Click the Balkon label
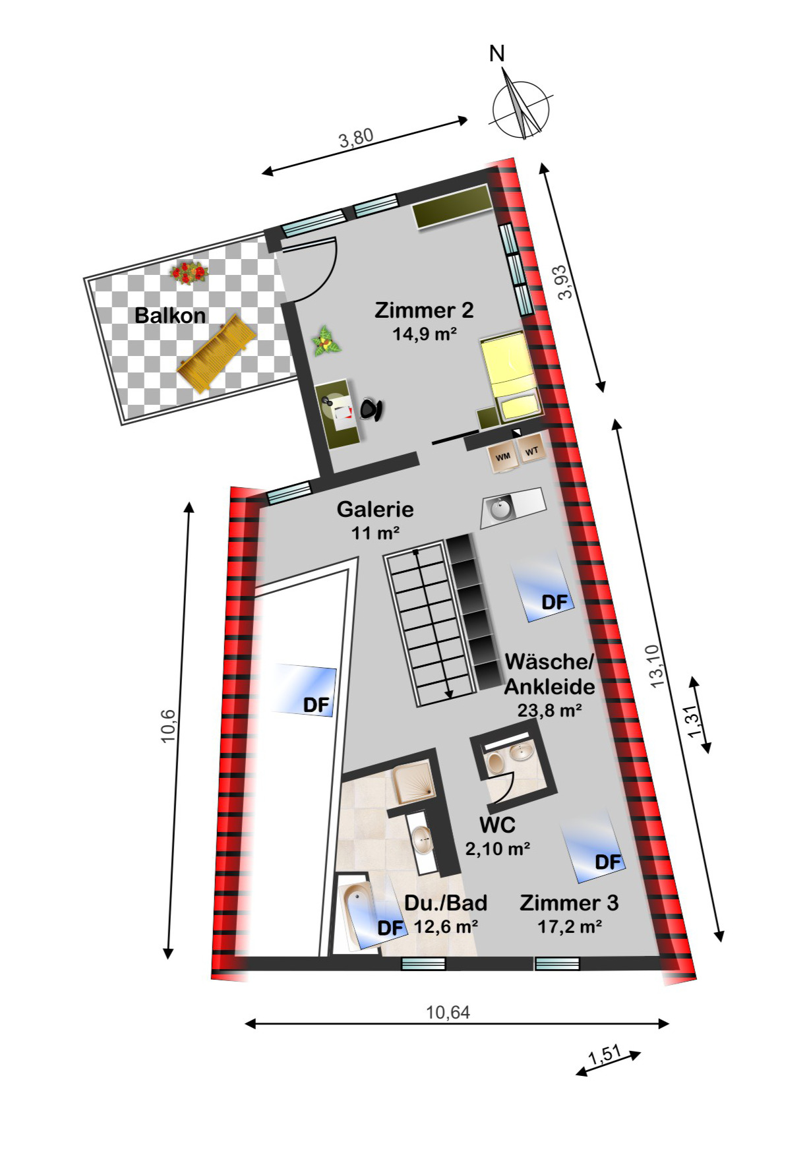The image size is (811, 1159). (x=170, y=315)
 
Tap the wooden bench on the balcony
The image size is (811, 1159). (x=216, y=354)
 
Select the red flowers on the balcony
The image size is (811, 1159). (x=189, y=272)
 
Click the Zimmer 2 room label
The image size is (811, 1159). (x=424, y=310)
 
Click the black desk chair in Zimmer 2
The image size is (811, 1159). (x=371, y=409)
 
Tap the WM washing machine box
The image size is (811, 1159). (x=503, y=456)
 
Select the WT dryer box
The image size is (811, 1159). (x=532, y=451)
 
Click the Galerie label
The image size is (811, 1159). (x=375, y=509)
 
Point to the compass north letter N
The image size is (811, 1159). (x=497, y=54)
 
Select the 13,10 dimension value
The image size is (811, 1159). (x=659, y=666)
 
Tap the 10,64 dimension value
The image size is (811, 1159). (x=448, y=1012)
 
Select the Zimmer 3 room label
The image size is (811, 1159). (x=569, y=903)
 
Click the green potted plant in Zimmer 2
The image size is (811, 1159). (x=325, y=341)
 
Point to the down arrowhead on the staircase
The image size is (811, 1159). (x=450, y=693)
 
